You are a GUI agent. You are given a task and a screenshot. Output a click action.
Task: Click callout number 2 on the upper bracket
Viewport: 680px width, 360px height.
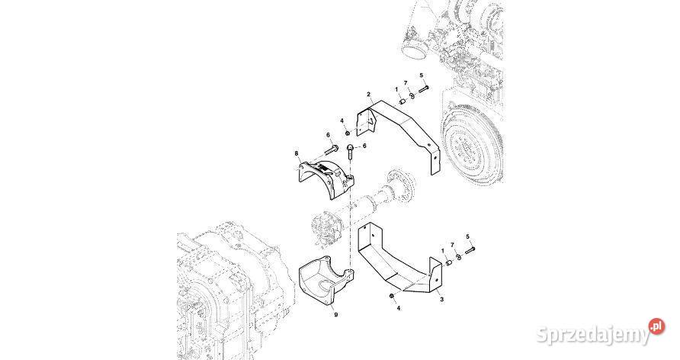pyautogui.click(x=368, y=95)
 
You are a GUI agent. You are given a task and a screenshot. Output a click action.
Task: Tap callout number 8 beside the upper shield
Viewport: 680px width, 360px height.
pyautogui.click(x=297, y=153)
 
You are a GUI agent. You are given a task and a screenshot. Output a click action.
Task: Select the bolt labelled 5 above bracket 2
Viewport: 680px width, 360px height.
pyautogui.click(x=423, y=87)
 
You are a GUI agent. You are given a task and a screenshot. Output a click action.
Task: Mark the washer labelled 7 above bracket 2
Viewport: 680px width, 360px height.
pyautogui.click(x=412, y=95)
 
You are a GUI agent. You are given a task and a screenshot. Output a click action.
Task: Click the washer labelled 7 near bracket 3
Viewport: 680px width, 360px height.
pyautogui.click(x=457, y=257)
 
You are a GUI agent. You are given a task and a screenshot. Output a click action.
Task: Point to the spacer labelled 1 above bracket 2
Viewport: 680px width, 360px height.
pyautogui.click(x=401, y=100)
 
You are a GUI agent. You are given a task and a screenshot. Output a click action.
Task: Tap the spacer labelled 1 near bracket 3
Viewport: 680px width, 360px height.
pyautogui.click(x=447, y=262)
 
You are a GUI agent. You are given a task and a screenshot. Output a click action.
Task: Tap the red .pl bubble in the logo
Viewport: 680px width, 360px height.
pyautogui.click(x=654, y=326)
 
